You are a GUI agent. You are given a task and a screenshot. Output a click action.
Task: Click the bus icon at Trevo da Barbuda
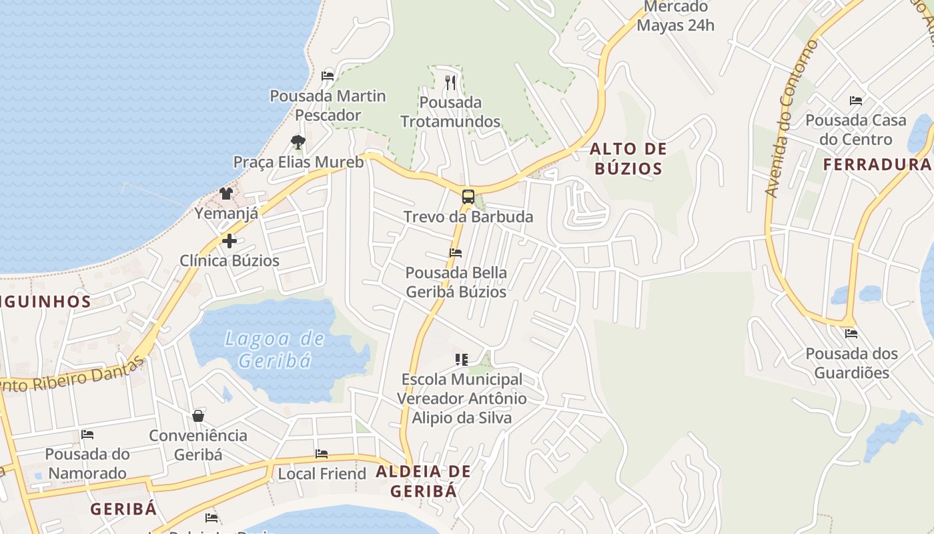click(468, 197)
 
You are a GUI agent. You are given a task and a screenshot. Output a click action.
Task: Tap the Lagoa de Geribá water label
click(275, 349)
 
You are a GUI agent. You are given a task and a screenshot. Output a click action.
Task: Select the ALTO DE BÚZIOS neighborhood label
click(628, 158)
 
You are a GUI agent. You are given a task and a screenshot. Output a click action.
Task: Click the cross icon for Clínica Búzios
click(229, 240)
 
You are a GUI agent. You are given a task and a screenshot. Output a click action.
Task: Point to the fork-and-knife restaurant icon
click(450, 83)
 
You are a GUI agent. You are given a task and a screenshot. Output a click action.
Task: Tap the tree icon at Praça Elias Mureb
click(298, 142)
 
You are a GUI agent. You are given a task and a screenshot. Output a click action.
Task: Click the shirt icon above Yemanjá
click(226, 194)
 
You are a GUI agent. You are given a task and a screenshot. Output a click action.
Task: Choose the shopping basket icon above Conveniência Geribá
click(198, 416)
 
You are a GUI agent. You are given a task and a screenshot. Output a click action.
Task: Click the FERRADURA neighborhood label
click(877, 164)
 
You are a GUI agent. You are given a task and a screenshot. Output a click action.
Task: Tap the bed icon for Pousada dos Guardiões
click(851, 333)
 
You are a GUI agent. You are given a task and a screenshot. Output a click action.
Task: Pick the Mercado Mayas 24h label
click(676, 17)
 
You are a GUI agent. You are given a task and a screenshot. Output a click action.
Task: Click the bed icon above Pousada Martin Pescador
click(328, 75)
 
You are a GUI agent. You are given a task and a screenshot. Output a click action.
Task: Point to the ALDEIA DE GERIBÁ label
click(424, 481)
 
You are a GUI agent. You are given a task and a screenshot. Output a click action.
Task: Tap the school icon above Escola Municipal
click(461, 360)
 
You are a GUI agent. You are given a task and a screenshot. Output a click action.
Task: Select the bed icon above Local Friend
click(322, 454)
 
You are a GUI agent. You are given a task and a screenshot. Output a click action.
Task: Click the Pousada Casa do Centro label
click(856, 129)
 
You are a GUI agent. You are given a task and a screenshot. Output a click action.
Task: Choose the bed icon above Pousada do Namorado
click(87, 435)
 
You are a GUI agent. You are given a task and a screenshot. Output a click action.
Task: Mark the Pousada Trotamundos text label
click(450, 111)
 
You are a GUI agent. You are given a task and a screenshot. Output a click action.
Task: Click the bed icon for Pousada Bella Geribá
click(456, 253)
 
